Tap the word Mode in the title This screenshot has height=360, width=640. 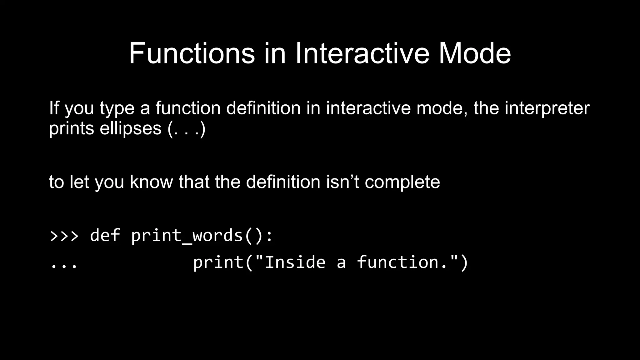pos(475,53)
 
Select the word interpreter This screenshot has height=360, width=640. pos(547,108)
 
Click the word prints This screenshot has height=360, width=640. pos(71,128)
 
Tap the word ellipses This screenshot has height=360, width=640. pos(130,128)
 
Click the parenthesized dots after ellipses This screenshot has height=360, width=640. pos(187,128)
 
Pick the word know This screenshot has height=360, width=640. pos(151,182)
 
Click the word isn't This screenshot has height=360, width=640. pos(342,182)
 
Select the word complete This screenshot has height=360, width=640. pos(402,182)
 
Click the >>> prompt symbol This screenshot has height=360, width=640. pos(64,236)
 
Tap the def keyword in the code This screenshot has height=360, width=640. pos(105,235)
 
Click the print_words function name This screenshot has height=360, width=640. pos(187,236)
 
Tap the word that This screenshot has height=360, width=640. pos(194,182)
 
